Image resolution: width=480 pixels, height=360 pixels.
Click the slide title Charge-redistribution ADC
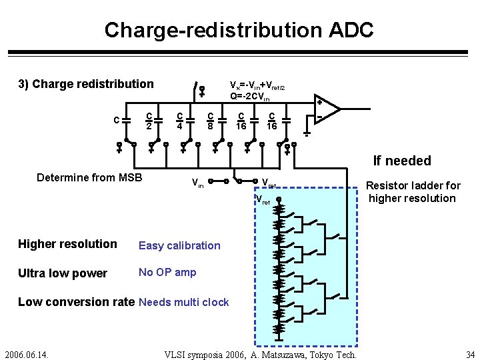[239, 30]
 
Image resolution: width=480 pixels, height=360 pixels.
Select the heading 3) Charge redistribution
[85, 84]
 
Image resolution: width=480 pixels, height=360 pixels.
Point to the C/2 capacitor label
[151, 119]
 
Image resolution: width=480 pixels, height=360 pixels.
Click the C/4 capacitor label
[180, 119]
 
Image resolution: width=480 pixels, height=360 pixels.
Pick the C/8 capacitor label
[210, 119]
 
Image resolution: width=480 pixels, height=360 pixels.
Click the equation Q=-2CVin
[250, 97]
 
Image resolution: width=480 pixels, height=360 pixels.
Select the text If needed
[402, 161]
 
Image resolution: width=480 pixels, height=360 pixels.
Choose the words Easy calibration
[179, 245]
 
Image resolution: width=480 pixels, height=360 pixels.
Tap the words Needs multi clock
[184, 303]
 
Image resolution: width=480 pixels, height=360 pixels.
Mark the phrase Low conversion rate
[76, 302]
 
